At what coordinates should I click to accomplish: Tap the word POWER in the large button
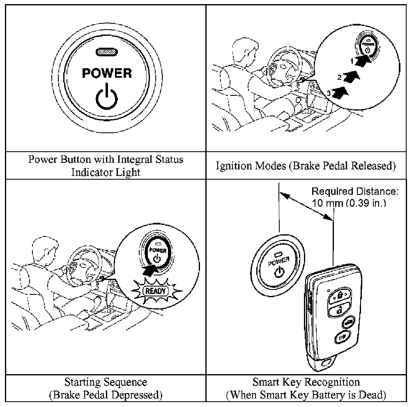point(107,73)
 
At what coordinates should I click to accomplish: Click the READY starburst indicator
point(155,291)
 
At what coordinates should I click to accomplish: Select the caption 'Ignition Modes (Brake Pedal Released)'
point(306,166)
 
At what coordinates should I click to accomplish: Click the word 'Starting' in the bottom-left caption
point(83,382)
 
